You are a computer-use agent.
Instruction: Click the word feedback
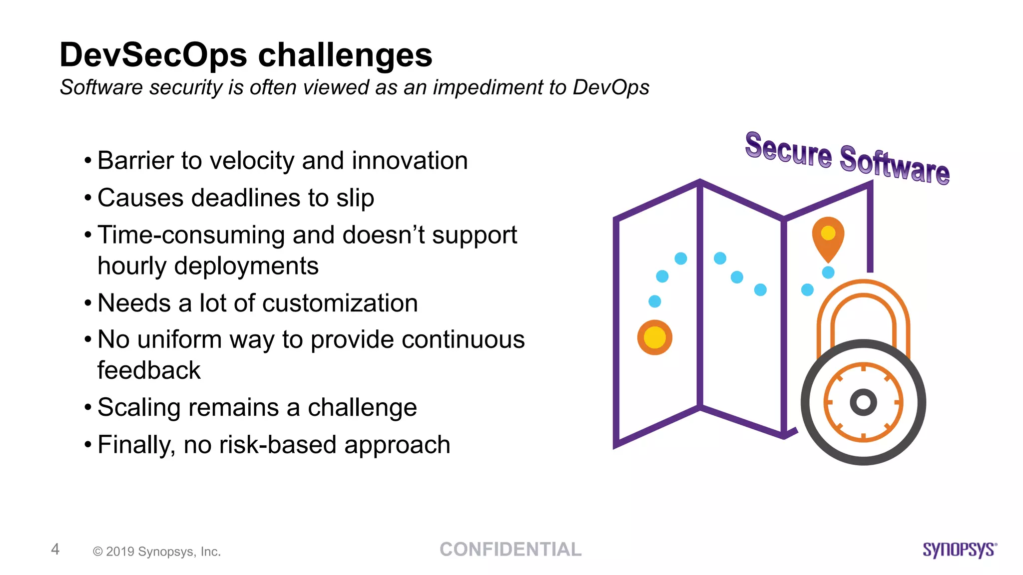coord(149,370)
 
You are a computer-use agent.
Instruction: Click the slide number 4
coord(55,549)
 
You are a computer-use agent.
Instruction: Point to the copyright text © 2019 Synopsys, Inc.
coord(157,552)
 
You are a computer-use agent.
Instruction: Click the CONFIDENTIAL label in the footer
coord(511,550)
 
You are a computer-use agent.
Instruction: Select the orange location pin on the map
coord(828,237)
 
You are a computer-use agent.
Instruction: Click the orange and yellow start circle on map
coord(654,337)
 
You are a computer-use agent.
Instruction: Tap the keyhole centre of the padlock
coord(863,402)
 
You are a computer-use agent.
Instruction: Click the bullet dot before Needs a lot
coord(88,303)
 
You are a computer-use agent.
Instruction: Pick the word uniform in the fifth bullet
coord(179,340)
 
